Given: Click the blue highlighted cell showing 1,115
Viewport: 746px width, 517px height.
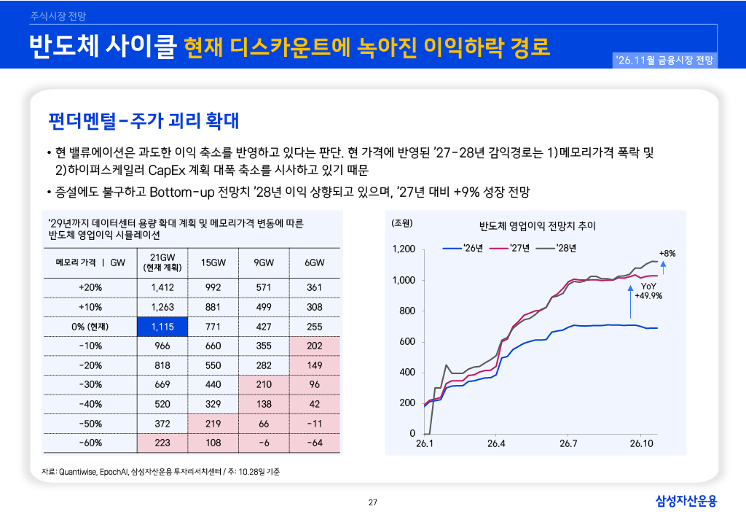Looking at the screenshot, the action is [x=162, y=327].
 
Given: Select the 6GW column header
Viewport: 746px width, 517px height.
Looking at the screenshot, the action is [x=315, y=263].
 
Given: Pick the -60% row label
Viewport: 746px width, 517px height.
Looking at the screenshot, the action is [x=90, y=443].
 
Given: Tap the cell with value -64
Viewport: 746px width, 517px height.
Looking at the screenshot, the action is [x=315, y=443].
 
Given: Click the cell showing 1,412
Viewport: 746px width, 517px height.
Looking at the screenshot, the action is [x=162, y=287].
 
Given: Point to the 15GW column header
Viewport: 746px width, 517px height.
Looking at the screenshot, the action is [x=213, y=263].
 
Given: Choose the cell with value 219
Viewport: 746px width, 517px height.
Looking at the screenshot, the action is [x=213, y=424].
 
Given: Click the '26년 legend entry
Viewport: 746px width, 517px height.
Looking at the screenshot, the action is [x=463, y=248].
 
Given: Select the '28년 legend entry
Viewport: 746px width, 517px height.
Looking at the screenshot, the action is [x=556, y=248].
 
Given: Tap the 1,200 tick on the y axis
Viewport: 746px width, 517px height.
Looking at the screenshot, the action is [x=404, y=249].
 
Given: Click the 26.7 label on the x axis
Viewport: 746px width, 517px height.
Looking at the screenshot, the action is [x=568, y=443].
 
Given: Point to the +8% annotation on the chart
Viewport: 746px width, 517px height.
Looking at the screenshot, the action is [x=667, y=254].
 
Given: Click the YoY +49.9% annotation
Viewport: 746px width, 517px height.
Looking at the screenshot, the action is [x=648, y=291].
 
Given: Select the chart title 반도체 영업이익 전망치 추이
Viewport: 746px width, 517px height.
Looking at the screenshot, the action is [x=537, y=225].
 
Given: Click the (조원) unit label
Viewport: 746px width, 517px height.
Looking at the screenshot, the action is [x=402, y=223].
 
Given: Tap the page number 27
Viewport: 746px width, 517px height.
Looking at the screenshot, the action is [x=373, y=502].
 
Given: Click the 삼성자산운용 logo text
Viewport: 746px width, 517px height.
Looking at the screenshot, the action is [x=686, y=501].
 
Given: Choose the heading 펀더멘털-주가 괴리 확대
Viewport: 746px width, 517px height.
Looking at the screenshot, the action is [x=144, y=121].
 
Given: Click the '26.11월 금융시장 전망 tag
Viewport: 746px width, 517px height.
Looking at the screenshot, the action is [x=664, y=61].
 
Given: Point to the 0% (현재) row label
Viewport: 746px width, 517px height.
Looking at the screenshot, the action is [x=90, y=327].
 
